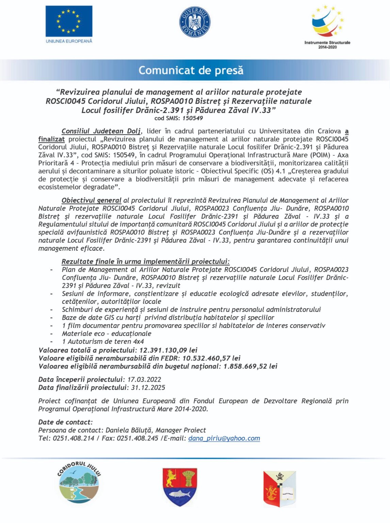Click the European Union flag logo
69,21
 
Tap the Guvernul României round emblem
195,22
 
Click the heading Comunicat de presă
191,70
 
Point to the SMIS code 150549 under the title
193,118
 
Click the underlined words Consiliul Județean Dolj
101,131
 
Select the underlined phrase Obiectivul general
91,201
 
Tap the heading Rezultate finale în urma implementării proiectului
145,261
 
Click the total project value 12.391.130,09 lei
168,350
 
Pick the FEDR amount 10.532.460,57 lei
211,358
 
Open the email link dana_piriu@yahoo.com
224,439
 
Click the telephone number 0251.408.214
74,439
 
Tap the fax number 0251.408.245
137,439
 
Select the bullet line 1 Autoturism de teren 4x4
103,342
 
